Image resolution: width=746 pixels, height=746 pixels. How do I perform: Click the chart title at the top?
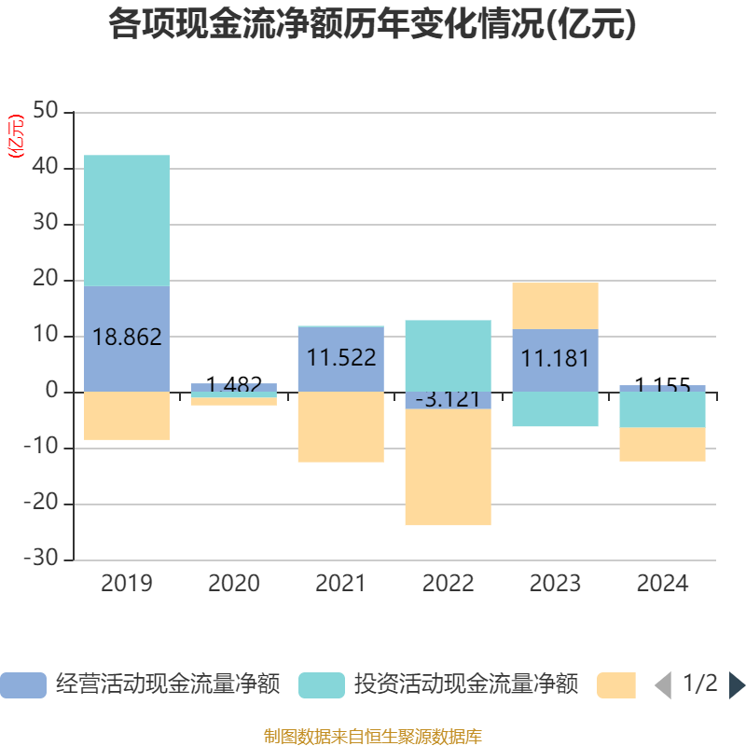372,25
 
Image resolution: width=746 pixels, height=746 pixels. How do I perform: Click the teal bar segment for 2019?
127,220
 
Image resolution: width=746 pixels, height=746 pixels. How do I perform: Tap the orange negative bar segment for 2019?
127,416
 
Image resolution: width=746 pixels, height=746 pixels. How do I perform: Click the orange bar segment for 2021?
340,427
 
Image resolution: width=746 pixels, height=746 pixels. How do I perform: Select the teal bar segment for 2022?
448,354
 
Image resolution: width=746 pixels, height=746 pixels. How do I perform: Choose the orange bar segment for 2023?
555,306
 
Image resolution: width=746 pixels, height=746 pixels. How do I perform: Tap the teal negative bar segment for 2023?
555,409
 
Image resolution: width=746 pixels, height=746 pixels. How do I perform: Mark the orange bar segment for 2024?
662,445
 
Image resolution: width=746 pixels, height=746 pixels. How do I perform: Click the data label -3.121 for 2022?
448,400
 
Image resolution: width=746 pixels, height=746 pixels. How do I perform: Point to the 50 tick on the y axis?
45,113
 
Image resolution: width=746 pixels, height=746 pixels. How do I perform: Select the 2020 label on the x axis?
233,585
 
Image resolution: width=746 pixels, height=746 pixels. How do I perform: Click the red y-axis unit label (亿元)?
16,136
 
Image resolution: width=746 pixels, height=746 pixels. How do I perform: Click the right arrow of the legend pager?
737,685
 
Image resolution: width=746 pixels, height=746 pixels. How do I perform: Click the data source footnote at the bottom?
372,737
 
